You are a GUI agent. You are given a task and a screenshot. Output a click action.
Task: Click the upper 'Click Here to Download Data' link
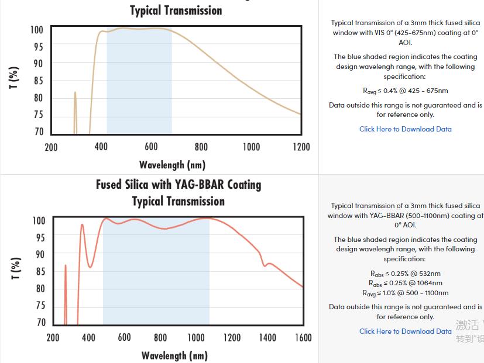point(405,129)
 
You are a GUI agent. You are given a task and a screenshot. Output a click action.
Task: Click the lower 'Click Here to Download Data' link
point(405,331)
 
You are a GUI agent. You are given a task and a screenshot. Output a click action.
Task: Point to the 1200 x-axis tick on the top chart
point(301,147)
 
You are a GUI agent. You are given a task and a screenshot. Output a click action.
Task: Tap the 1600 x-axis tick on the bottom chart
point(303,338)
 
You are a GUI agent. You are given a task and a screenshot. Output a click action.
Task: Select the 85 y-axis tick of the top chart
point(37,81)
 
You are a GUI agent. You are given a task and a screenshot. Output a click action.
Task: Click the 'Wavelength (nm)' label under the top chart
point(172,165)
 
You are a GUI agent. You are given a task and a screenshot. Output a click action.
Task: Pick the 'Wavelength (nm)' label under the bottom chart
point(174,355)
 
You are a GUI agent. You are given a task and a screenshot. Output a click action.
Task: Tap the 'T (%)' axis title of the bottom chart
point(16,268)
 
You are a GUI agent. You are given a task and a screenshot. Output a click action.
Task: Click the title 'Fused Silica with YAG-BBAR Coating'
point(179,185)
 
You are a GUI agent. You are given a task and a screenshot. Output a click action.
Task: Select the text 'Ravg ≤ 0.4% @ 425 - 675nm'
point(405,91)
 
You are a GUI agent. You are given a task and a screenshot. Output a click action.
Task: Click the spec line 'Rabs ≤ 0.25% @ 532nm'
point(405,274)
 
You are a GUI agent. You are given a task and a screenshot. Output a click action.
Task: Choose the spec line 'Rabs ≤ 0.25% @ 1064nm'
point(405,284)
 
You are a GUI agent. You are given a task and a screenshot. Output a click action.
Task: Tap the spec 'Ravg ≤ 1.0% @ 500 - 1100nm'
point(405,293)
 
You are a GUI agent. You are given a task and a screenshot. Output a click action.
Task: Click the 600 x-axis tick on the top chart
point(151,147)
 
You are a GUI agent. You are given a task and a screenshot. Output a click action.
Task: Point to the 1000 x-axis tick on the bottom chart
point(196,338)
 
